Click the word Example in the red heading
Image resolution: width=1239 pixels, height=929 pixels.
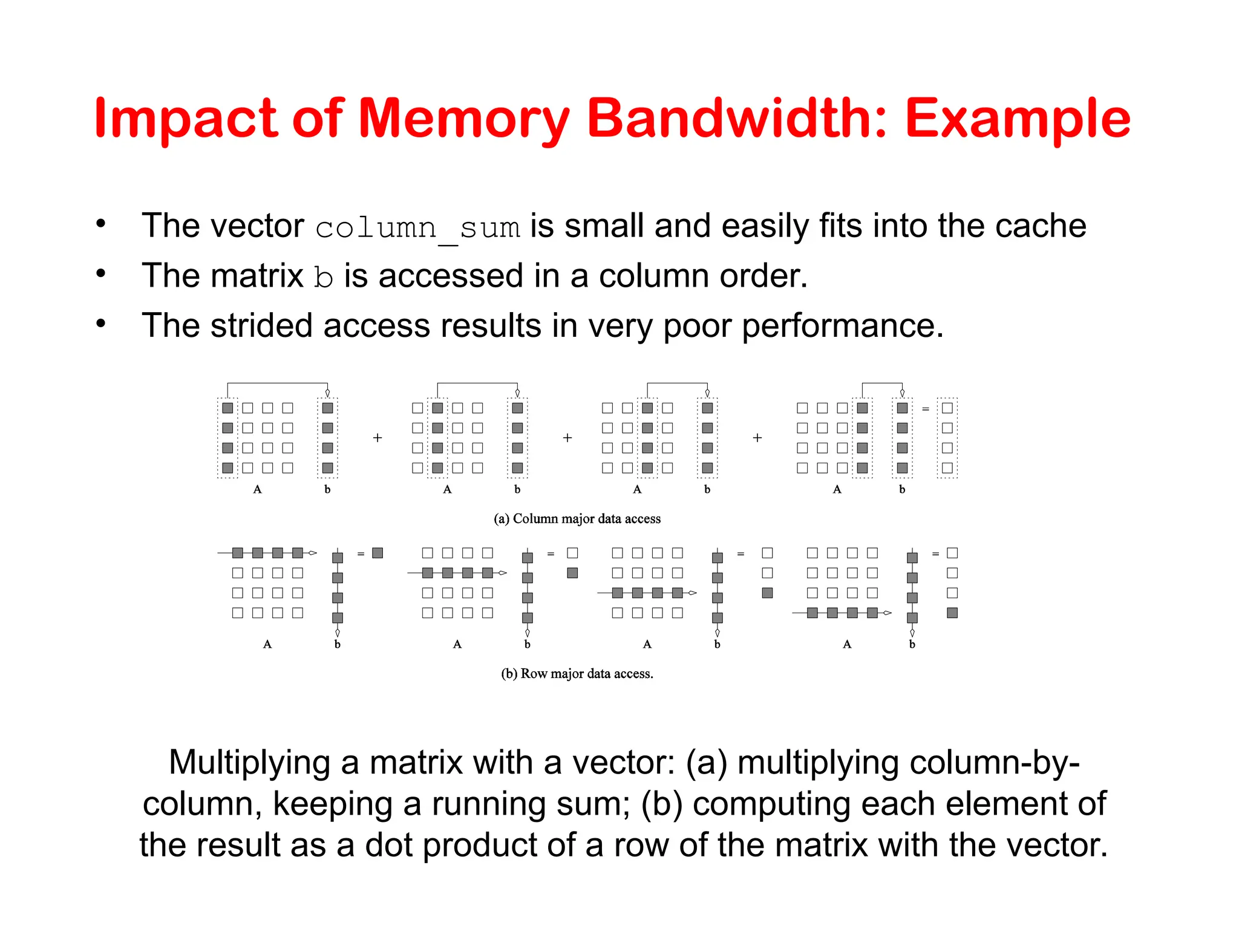point(1018,120)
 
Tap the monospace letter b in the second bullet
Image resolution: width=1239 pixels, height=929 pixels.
point(324,277)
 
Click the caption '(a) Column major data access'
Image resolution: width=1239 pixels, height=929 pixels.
point(577,519)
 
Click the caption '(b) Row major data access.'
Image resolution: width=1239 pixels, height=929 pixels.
point(577,674)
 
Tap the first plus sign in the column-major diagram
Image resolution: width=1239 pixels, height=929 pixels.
point(378,438)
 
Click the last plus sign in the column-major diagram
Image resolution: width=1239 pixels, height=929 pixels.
point(757,438)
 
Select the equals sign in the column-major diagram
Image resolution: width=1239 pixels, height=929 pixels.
point(925,409)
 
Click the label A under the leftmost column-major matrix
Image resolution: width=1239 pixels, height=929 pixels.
point(258,489)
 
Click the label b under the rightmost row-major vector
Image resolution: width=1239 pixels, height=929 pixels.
point(912,645)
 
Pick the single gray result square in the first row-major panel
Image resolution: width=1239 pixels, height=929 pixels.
point(378,553)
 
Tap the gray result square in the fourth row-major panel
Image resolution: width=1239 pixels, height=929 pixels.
point(952,613)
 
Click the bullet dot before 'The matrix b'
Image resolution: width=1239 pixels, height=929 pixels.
point(101,274)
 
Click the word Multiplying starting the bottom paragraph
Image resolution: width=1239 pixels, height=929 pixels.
point(249,762)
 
